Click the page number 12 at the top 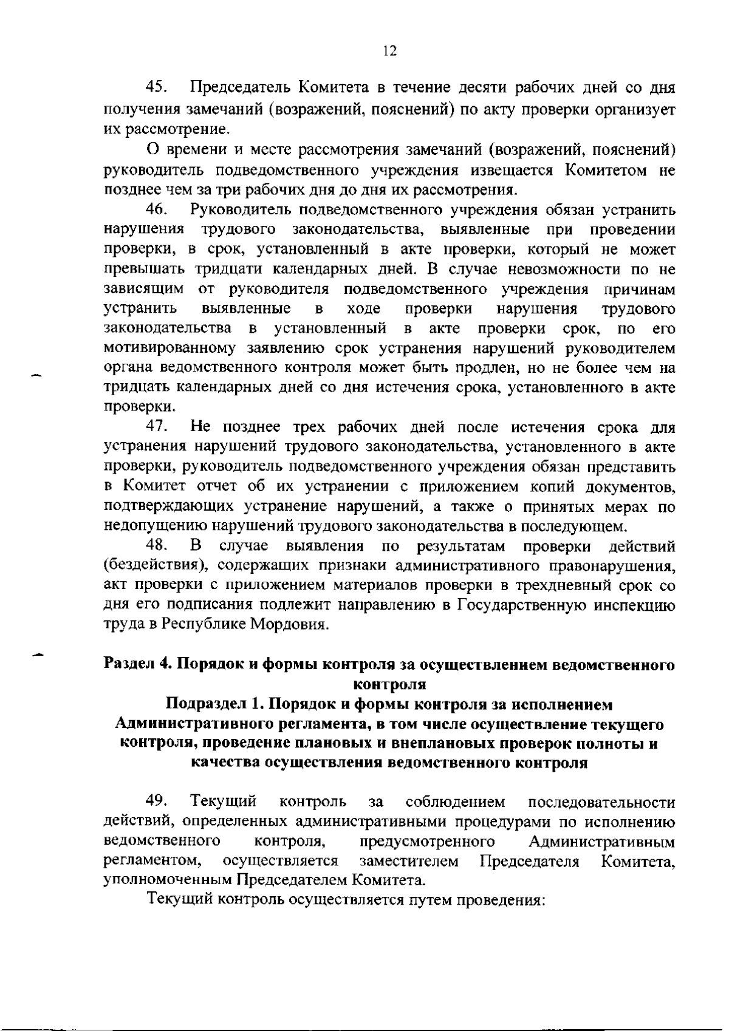point(390,51)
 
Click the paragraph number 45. point(157,88)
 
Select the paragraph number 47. point(157,427)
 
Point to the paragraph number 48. point(157,546)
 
